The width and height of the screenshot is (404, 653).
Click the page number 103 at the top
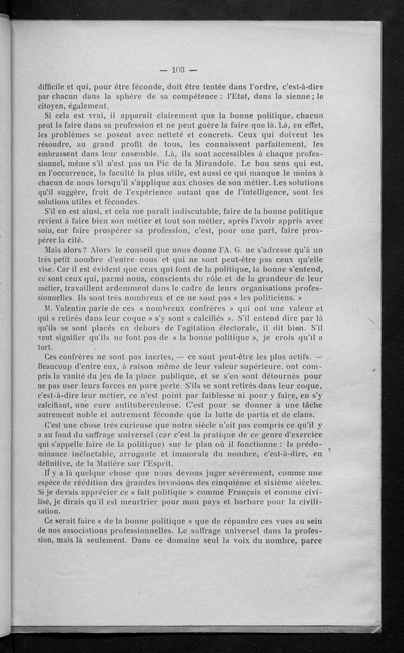[179, 70]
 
